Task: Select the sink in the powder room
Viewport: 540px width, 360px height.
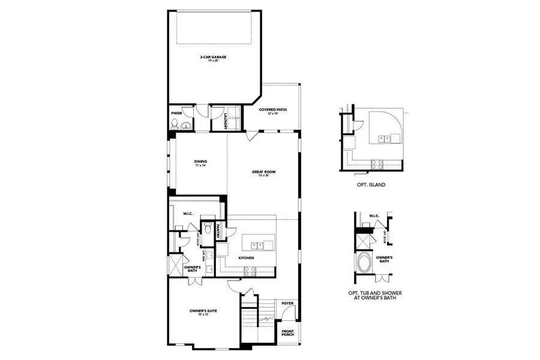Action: (x=187, y=125)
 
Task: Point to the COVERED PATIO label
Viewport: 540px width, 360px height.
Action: (x=273, y=111)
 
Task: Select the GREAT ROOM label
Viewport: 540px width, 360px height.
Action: (x=262, y=173)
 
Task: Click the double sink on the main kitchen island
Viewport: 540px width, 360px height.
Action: (x=258, y=244)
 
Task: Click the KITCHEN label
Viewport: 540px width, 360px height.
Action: (x=246, y=258)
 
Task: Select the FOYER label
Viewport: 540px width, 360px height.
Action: (x=288, y=304)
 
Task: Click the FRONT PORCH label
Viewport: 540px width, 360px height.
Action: (x=289, y=334)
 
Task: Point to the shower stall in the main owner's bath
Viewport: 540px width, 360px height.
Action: (x=176, y=265)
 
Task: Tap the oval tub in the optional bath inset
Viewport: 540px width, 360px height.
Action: (x=364, y=263)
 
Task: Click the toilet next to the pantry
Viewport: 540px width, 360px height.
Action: (x=208, y=228)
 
